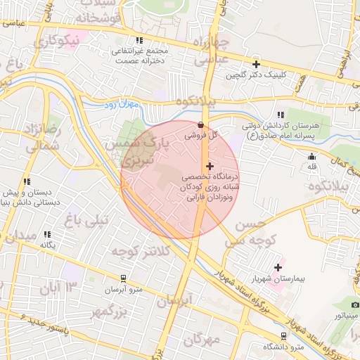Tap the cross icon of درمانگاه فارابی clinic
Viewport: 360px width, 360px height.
click(x=210, y=165)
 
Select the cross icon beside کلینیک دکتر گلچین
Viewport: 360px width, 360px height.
click(x=256, y=64)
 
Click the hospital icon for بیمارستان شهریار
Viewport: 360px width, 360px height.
click(x=279, y=267)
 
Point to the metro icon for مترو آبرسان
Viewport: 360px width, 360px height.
click(x=123, y=279)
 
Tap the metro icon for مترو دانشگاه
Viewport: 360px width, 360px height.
click(x=283, y=336)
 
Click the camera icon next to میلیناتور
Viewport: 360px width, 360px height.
click(x=356, y=304)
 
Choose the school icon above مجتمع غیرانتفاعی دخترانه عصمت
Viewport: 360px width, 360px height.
click(x=139, y=41)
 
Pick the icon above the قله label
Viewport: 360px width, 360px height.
click(x=311, y=156)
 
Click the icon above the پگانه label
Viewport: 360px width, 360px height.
click(x=47, y=233)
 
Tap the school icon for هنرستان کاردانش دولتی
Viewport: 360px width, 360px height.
click(x=281, y=115)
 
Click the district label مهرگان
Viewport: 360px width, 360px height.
click(x=205, y=340)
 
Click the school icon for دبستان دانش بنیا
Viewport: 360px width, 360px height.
click(x=26, y=181)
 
